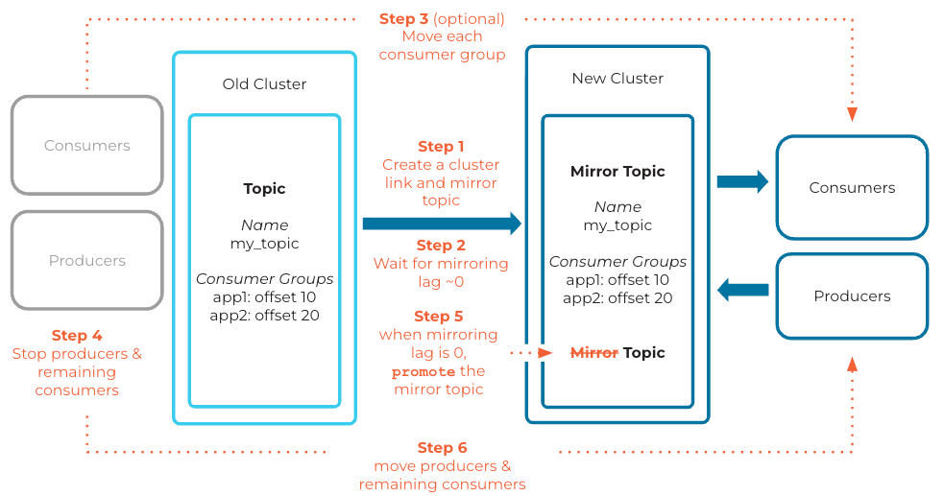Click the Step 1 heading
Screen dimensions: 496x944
pos(441,147)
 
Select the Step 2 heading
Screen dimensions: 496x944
pos(441,246)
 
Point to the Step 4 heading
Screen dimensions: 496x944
pos(77,336)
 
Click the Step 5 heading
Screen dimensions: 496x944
pos(438,317)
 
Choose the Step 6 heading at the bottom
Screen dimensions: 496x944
pos(442,448)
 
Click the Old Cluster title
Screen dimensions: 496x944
pos(264,84)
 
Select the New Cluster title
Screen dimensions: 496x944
pos(617,79)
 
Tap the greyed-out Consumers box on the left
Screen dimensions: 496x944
pos(87,146)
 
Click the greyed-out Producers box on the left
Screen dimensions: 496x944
pos(87,261)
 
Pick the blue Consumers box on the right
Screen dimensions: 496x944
pos(852,188)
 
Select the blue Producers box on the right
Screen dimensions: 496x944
pos(852,296)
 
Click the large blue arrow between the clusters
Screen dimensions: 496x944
pos(442,224)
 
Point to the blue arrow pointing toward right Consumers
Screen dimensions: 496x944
pos(742,181)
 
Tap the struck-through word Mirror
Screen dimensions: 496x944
pos(594,353)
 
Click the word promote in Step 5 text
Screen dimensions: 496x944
pos(424,371)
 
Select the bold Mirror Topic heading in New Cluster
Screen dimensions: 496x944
pos(617,172)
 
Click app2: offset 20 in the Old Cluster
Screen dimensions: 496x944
pos(264,315)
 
